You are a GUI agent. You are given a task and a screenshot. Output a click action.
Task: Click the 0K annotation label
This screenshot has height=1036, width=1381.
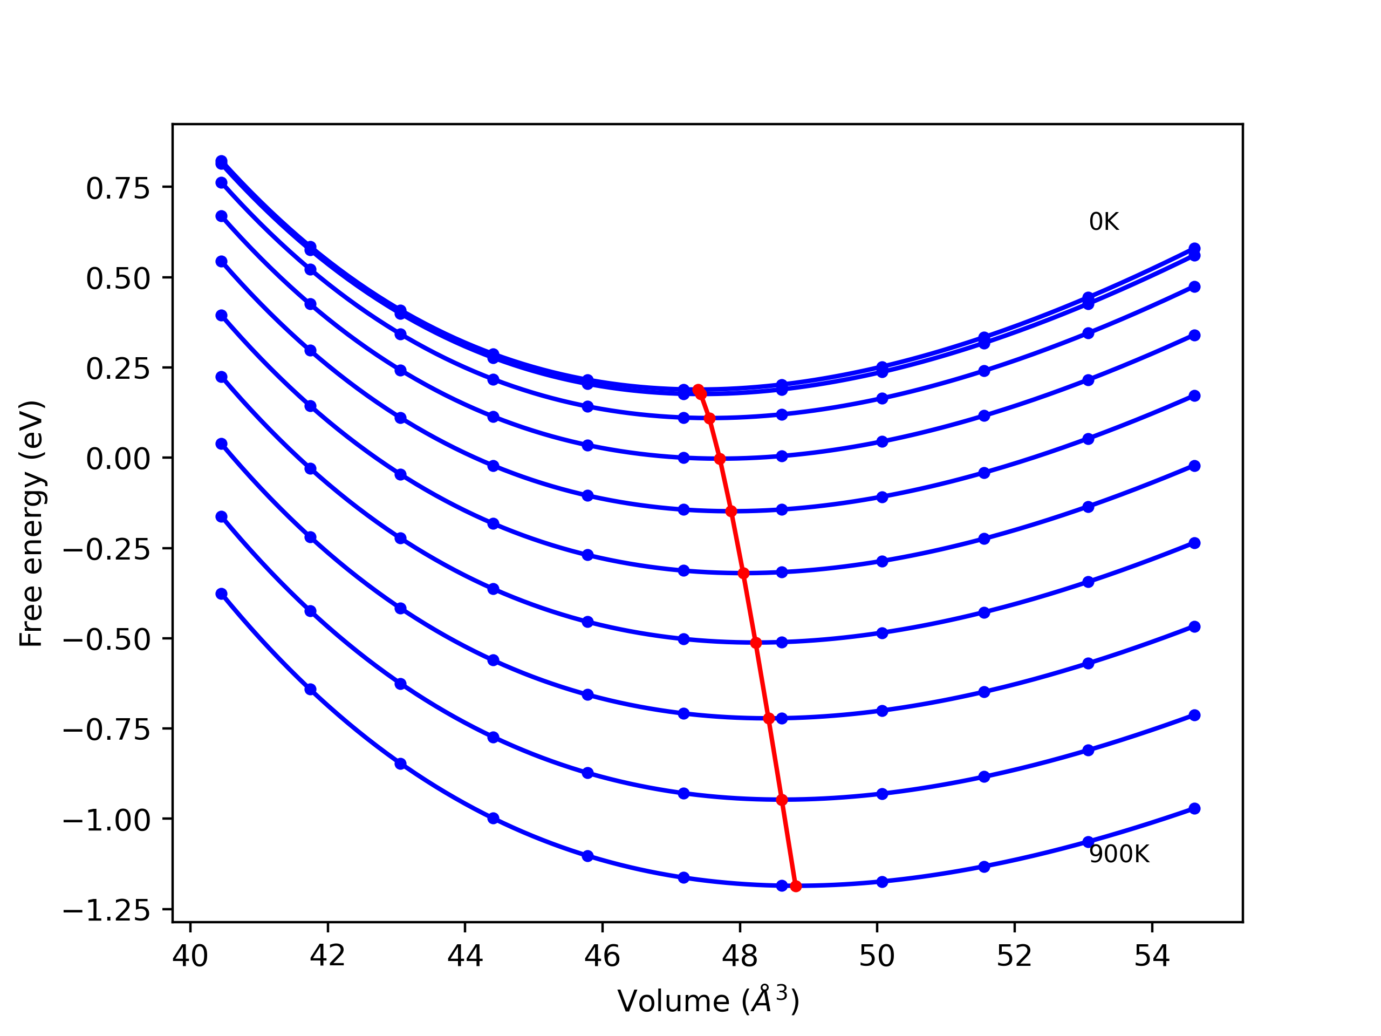click(x=1104, y=222)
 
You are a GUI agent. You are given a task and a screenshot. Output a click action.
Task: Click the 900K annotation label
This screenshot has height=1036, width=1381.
click(x=1119, y=854)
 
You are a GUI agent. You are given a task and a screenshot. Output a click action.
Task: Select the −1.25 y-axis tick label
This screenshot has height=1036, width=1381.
click(x=107, y=911)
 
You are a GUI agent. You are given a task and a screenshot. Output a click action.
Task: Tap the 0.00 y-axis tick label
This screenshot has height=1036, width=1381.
click(x=118, y=459)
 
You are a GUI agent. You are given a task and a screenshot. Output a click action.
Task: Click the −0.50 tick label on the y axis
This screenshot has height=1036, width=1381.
click(x=107, y=640)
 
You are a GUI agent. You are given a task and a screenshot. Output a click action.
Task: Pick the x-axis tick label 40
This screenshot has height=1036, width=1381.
click(x=190, y=957)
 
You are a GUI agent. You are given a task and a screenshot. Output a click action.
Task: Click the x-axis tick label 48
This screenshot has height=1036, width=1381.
click(x=740, y=957)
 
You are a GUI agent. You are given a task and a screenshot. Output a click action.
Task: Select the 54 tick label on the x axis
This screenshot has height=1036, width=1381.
click(x=1152, y=957)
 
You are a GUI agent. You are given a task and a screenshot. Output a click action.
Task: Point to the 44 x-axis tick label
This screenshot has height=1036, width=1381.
click(x=464, y=957)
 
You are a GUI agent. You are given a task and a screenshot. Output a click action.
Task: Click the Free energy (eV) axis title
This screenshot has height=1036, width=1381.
click(x=31, y=523)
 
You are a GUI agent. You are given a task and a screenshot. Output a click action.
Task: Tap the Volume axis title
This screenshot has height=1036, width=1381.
click(x=708, y=1001)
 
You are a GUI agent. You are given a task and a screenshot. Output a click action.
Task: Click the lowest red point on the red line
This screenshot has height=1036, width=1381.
click(x=795, y=886)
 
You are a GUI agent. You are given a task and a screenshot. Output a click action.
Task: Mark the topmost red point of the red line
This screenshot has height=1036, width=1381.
click(x=698, y=390)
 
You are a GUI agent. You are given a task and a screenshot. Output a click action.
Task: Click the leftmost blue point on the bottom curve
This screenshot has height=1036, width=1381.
click(x=222, y=594)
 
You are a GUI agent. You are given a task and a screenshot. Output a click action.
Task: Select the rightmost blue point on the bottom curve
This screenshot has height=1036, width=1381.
click(x=1194, y=809)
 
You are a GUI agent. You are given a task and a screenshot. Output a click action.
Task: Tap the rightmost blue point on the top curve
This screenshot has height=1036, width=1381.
click(x=1194, y=249)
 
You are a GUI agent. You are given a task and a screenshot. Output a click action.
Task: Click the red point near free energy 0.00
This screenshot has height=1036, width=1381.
click(x=720, y=459)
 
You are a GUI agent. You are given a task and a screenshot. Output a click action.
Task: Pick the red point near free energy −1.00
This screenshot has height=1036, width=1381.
click(x=782, y=800)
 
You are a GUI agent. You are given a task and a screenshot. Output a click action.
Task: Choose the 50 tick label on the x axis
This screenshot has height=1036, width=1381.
click(x=877, y=957)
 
